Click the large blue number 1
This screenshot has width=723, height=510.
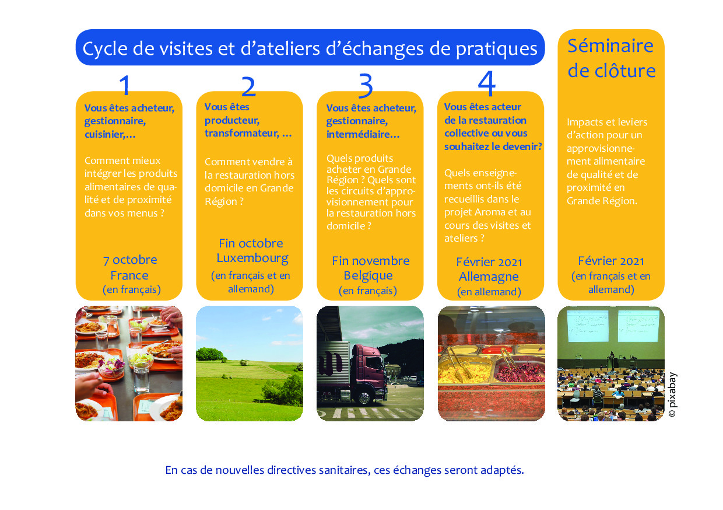tap(125, 85)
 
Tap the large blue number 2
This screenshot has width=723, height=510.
tap(248, 86)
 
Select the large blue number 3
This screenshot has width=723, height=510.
tap(366, 85)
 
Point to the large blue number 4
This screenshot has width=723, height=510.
tap(487, 83)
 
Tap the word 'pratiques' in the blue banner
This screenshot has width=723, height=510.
tap(496, 49)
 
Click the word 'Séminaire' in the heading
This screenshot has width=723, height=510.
tap(610, 46)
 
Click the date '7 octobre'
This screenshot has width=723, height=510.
tap(130, 260)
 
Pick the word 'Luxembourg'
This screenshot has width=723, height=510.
tap(252, 258)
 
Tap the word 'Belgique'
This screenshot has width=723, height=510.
tap(368, 275)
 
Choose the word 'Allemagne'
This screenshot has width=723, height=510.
tap(489, 277)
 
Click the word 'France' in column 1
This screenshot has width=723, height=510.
tap(129, 275)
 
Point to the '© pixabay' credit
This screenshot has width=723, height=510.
tap(672, 394)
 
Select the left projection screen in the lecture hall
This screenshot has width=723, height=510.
tap(588, 326)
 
